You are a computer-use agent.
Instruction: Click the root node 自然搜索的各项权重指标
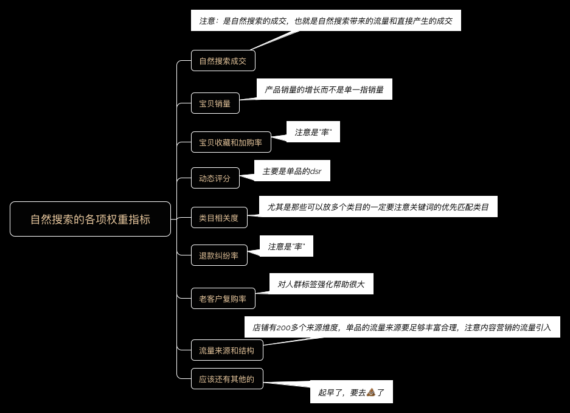tap(90, 219)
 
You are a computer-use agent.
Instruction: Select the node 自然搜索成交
tap(223, 61)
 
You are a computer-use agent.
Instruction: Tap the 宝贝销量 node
tap(215, 103)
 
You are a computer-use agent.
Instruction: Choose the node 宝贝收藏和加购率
tap(231, 142)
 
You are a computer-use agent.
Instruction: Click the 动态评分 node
tap(215, 178)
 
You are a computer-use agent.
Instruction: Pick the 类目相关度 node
tap(219, 217)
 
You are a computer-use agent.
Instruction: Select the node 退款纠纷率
tap(219, 255)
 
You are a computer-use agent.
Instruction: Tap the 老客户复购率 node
tap(223, 299)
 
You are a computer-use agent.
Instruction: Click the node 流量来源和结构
tap(227, 350)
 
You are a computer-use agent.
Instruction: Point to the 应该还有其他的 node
tap(227, 379)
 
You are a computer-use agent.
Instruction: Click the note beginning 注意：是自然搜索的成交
tap(325, 21)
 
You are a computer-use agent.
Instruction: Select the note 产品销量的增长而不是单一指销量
tap(324, 89)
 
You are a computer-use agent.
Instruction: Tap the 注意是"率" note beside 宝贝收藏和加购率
tap(313, 131)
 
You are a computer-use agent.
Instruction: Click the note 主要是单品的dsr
tap(292, 171)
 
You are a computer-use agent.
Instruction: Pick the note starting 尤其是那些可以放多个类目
tap(378, 207)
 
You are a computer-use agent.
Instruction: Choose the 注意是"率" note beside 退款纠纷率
tap(286, 246)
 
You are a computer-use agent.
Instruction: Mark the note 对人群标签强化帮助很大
tap(321, 283)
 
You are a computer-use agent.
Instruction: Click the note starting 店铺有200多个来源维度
tap(401, 327)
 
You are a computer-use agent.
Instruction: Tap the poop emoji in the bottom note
tap(372, 392)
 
